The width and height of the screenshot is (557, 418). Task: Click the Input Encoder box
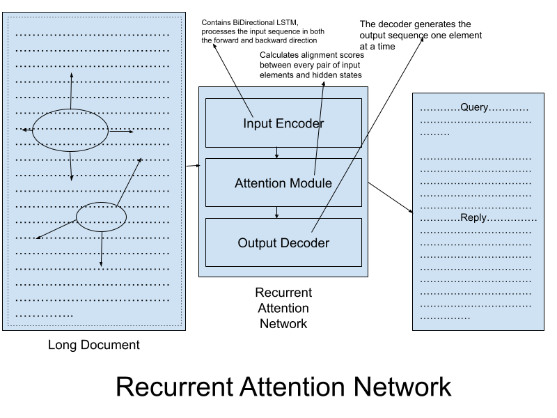(x=283, y=123)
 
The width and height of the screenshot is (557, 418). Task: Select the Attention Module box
(x=283, y=183)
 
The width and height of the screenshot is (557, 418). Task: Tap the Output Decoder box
(x=283, y=242)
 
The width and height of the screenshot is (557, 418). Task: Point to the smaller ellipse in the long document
(x=101, y=217)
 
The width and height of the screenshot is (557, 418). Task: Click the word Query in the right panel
(x=474, y=108)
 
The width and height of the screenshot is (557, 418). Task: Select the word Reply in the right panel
(x=473, y=218)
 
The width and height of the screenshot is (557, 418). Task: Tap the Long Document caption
(x=94, y=345)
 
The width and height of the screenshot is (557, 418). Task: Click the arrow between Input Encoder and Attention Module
(x=277, y=153)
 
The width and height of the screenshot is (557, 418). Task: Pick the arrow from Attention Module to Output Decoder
(x=277, y=212)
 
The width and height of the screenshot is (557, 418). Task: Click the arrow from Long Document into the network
(x=192, y=166)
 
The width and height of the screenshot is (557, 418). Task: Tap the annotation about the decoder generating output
(x=421, y=35)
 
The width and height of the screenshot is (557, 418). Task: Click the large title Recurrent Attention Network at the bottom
(x=283, y=386)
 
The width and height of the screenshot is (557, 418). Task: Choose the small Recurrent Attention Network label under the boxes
(x=283, y=308)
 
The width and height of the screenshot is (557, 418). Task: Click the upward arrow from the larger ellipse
(x=70, y=91)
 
